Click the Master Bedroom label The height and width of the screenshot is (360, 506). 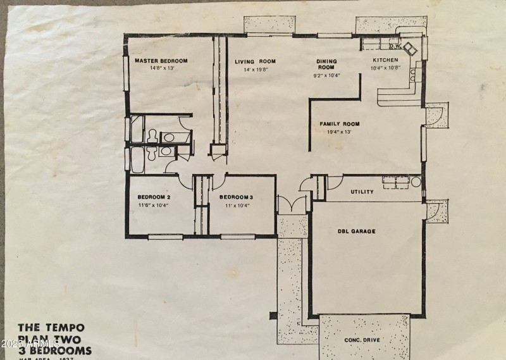click(161, 61)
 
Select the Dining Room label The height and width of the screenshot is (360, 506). click(326, 64)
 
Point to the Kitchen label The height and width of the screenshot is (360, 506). click(385, 60)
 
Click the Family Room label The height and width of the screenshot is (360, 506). click(339, 124)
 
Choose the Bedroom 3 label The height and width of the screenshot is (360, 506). click(237, 197)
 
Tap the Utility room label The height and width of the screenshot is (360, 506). click(362, 192)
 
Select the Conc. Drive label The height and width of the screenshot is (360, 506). click(361, 340)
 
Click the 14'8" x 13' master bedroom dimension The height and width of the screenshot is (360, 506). click(162, 68)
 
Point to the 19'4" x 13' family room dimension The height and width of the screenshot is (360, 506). click(339, 132)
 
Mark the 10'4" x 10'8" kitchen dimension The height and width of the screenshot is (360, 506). click(385, 68)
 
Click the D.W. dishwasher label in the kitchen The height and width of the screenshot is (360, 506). click(395, 46)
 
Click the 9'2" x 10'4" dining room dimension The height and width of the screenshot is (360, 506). click(326, 75)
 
